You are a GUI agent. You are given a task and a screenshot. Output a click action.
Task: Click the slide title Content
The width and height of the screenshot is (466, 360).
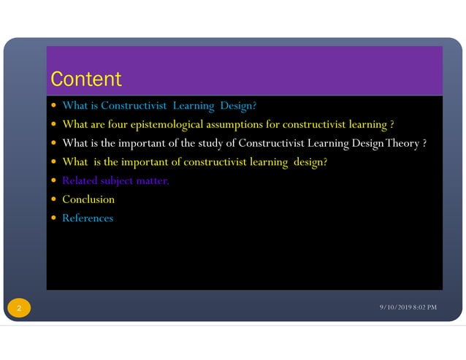[x=85, y=79]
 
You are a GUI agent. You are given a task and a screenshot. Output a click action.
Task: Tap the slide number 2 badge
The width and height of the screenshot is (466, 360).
[x=19, y=309]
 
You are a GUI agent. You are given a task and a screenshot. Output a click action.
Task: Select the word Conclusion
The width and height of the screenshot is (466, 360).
[x=88, y=199]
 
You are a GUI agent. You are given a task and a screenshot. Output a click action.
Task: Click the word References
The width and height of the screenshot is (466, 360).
[x=88, y=218]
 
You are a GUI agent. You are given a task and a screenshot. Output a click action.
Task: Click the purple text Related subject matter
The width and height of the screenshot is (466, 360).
[x=115, y=180]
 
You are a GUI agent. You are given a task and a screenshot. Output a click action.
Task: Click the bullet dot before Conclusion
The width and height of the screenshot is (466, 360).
[x=54, y=200]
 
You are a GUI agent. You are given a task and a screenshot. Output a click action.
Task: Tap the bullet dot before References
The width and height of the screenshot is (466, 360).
[x=54, y=218]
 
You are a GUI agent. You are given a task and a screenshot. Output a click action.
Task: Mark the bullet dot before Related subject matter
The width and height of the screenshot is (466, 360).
[x=54, y=181]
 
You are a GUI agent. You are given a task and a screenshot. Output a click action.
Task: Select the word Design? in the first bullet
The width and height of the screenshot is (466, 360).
[x=236, y=105]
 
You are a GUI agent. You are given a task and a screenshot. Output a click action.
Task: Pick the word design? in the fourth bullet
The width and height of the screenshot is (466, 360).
[x=310, y=162]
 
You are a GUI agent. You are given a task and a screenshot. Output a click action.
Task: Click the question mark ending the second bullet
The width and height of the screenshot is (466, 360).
[x=392, y=124]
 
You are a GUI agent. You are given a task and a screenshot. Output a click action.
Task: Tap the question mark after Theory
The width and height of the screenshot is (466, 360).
[x=423, y=143]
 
